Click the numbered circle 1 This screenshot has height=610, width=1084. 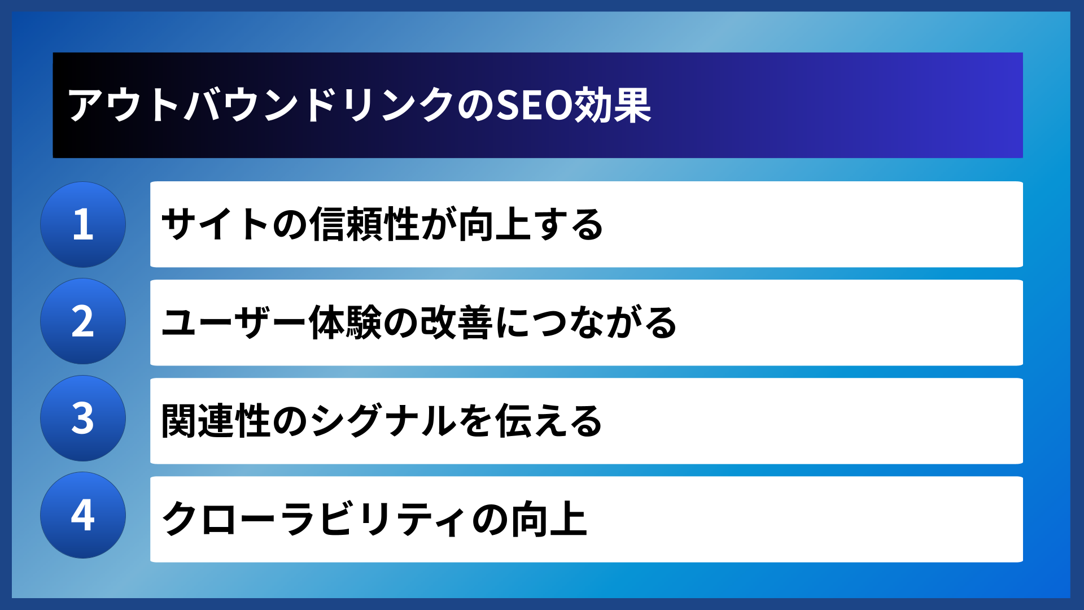pos(83,224)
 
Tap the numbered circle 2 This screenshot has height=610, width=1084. pos(83,321)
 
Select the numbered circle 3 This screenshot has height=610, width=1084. pos(83,419)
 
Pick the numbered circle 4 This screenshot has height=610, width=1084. pos(83,515)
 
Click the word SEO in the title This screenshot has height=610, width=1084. pos(534,106)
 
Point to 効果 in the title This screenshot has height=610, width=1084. pos(613,106)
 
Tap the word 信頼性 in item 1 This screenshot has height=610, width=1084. pos(364,224)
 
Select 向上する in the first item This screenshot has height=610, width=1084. pos(531,224)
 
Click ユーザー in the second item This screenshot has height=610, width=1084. pos(234,323)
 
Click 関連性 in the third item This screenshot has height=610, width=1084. pos(215,421)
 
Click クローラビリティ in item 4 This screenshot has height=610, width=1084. pos(314,519)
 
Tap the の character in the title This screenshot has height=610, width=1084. pos(475,106)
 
